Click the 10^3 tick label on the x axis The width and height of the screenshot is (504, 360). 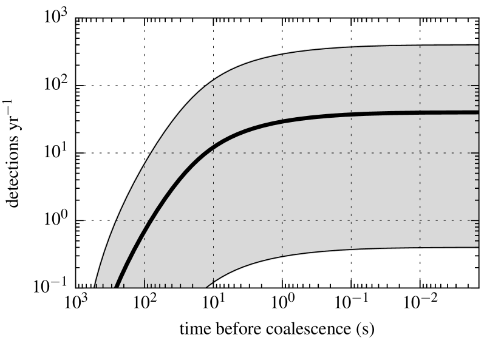tap(75, 302)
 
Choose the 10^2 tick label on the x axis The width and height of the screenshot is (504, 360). tap(145, 302)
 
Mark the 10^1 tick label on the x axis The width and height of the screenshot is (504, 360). tap(213, 302)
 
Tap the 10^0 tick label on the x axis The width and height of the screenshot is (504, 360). tap(282, 302)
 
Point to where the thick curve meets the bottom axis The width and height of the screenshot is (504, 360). tap(116, 287)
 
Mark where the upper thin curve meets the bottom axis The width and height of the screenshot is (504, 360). tap(95, 287)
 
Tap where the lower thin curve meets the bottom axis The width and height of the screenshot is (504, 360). tap(206, 287)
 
